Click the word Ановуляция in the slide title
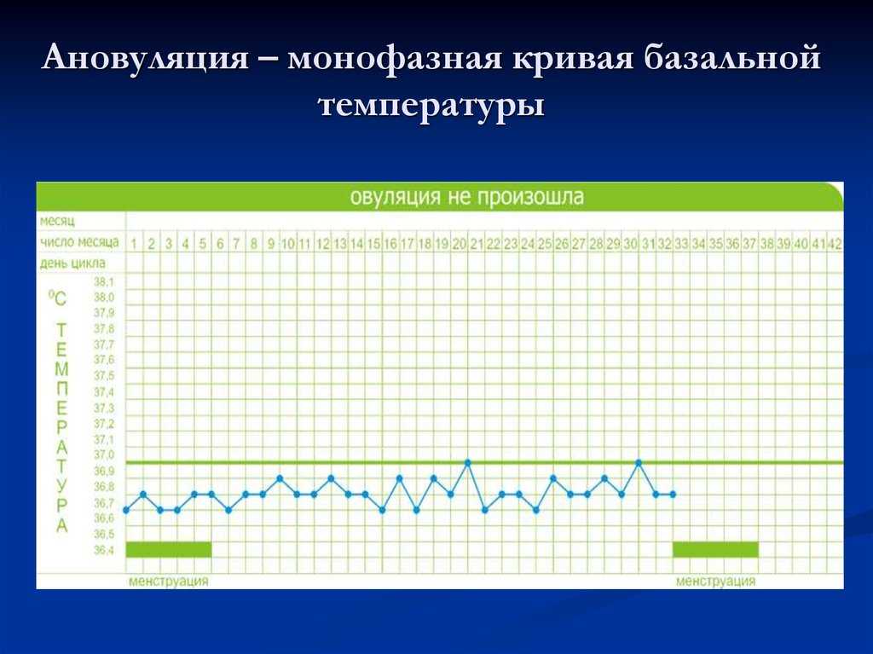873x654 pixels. pos(145,57)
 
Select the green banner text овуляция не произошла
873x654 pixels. pos(467,197)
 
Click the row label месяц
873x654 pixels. pos(57,221)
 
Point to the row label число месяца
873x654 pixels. pos(79,242)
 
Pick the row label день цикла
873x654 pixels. pos(72,263)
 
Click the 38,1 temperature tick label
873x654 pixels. pos(103,282)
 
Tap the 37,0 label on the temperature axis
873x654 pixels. pos(103,455)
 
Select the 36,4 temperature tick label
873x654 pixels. pos(103,550)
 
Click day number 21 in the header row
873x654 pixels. pos(477,244)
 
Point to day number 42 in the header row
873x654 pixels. pos(835,244)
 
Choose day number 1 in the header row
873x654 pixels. pos(134,244)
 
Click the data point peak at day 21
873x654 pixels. pos(468,462)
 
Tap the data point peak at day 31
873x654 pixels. pos(639,462)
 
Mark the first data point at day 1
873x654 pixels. pos(126,510)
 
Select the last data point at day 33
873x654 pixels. pos(674,494)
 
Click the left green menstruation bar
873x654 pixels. pos(169,549)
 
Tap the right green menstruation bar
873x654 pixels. pos(715,549)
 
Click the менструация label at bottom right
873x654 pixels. pos(715,581)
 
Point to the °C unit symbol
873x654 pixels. pos(57,298)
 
